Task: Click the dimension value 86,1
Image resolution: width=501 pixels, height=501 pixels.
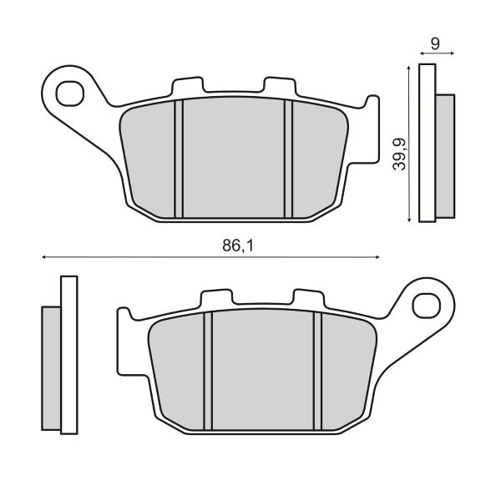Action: (236, 245)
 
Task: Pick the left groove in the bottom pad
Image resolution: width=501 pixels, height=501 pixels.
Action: (209, 367)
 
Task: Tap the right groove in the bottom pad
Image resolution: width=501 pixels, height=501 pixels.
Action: (319, 367)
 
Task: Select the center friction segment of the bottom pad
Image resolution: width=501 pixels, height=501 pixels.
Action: (264, 367)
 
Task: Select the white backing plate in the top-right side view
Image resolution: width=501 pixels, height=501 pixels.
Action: (427, 142)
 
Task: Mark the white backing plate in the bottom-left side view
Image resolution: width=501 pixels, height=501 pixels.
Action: (68, 355)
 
